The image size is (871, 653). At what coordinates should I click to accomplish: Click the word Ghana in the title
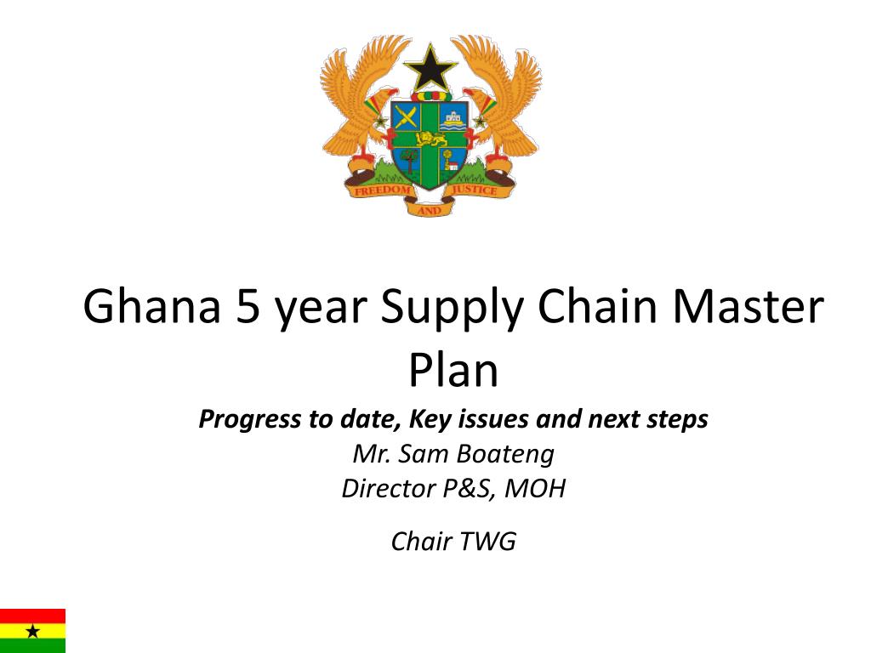click(152, 306)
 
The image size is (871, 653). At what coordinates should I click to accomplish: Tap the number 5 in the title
click(248, 307)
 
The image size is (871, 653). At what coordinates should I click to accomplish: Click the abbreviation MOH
click(535, 489)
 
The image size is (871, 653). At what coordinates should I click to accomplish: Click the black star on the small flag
click(33, 632)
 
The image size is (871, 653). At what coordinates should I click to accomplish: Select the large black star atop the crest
click(430, 68)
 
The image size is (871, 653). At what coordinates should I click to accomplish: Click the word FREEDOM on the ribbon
click(383, 190)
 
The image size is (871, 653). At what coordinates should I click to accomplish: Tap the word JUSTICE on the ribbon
click(475, 190)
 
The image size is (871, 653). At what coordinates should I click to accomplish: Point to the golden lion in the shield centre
click(430, 139)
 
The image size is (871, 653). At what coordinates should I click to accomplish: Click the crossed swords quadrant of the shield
click(406, 117)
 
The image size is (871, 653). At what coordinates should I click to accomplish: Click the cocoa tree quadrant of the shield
click(409, 160)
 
